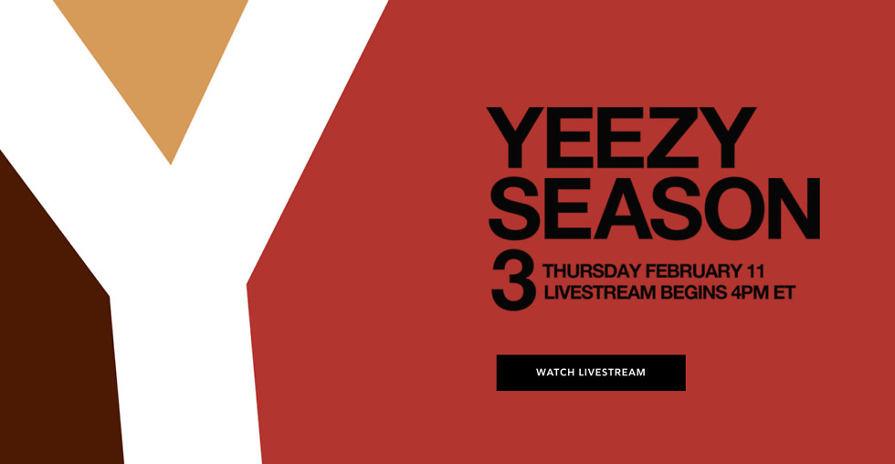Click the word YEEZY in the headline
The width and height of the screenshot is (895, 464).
tap(622, 139)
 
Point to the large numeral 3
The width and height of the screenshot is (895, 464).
tap(513, 282)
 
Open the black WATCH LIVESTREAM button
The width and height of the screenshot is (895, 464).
tap(591, 373)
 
